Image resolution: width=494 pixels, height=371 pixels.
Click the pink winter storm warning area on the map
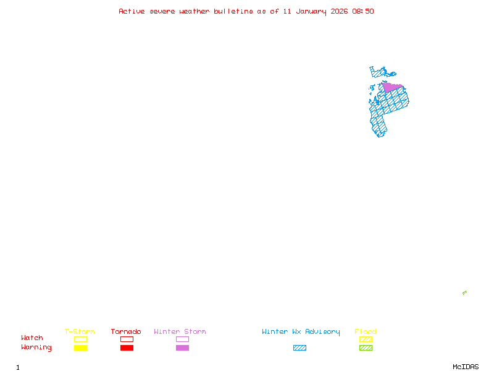pos(391,87)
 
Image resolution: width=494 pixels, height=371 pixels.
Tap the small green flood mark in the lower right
pos(464,292)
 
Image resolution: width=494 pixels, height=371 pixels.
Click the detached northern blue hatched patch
pos(379,72)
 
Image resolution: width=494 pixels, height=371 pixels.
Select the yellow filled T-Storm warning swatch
pos(80,348)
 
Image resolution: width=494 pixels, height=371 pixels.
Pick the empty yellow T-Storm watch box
pos(80,339)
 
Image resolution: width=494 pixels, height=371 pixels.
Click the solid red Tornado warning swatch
pos(127,348)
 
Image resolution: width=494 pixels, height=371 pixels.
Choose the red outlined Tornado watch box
pos(127,339)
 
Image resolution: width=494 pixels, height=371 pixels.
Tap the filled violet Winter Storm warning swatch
pos(182,348)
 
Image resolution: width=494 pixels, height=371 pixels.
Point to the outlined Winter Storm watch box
pos(182,339)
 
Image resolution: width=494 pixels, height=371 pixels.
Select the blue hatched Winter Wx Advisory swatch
pos(299,348)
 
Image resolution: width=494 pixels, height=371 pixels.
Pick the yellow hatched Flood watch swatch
pos(366,339)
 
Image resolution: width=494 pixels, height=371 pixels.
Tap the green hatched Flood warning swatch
pos(366,348)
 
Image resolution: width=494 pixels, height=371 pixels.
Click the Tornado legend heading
pos(126,332)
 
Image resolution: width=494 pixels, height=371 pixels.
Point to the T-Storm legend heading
pos(80,332)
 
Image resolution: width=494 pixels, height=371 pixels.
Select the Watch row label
pos(32,338)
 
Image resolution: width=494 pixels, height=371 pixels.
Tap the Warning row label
pos(36,348)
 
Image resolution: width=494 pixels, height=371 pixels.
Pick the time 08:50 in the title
pos(363,11)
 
